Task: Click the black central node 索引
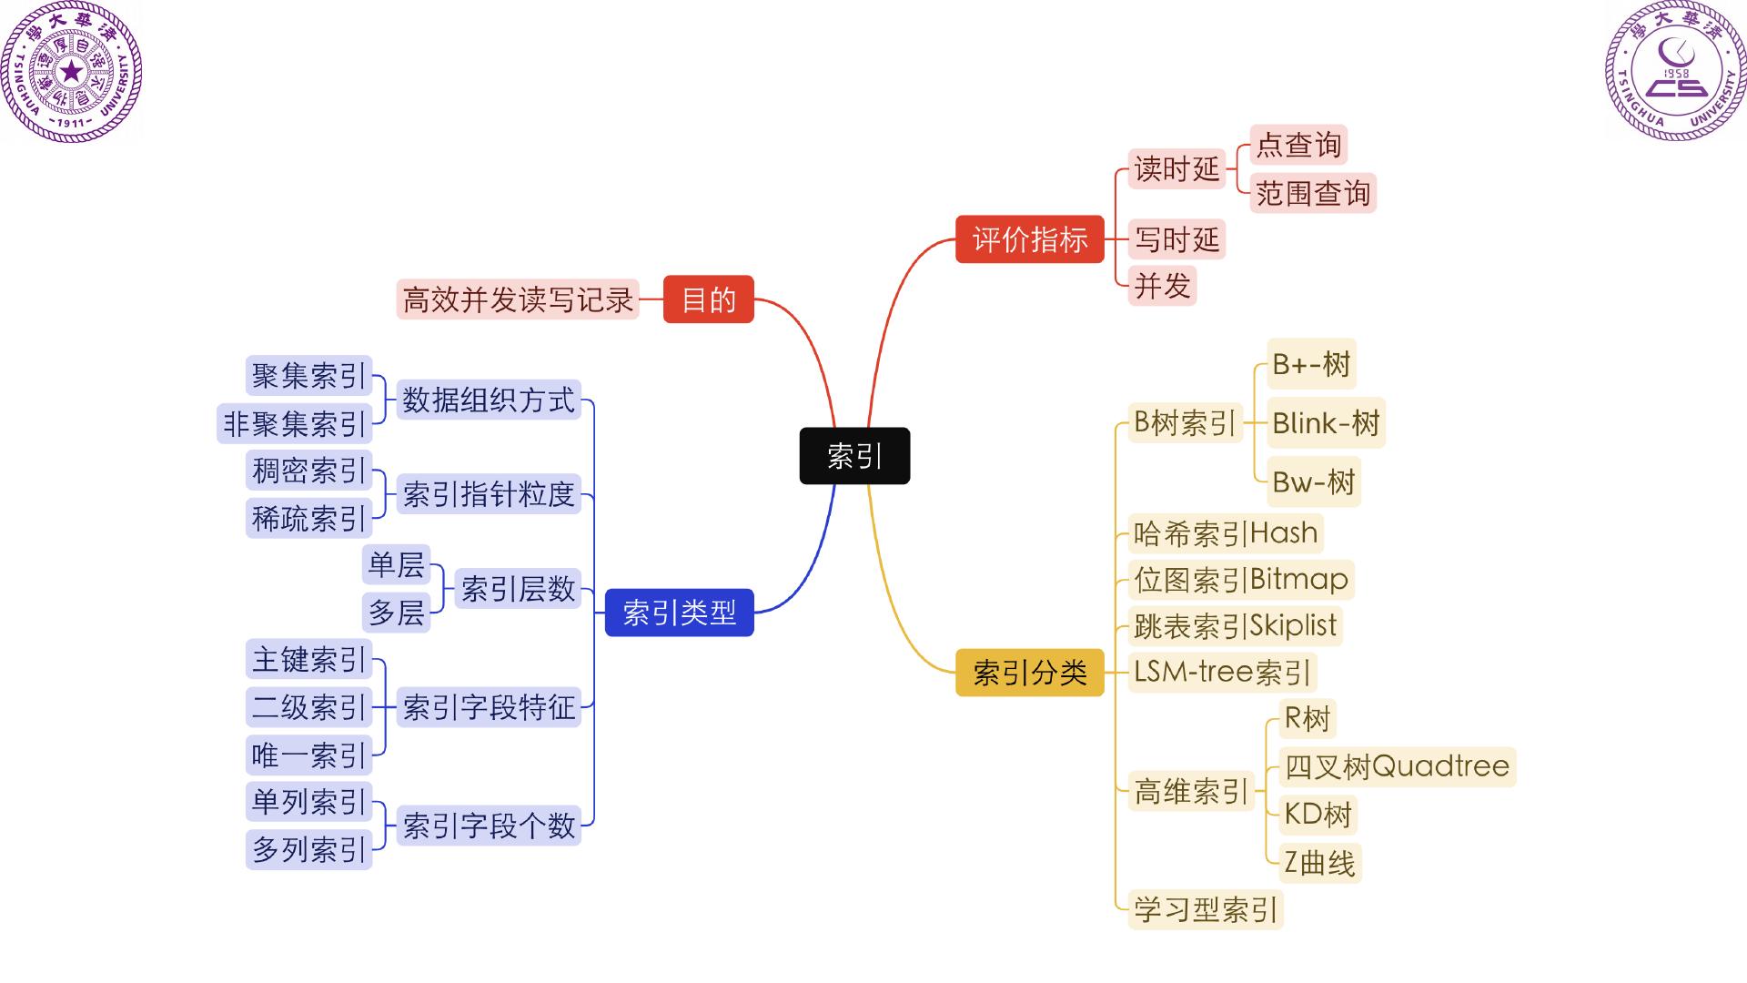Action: click(x=854, y=455)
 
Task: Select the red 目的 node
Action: click(x=708, y=299)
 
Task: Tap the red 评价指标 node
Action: click(x=1029, y=239)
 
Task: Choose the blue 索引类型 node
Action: click(x=679, y=613)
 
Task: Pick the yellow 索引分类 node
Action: click(x=1029, y=673)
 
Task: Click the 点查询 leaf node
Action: click(x=1298, y=145)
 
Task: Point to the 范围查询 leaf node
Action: click(x=1312, y=193)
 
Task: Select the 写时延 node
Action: click(x=1176, y=239)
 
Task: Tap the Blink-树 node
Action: click(x=1326, y=422)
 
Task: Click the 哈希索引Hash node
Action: click(x=1225, y=533)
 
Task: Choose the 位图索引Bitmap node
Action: click(x=1240, y=580)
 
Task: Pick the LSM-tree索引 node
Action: click(x=1221, y=673)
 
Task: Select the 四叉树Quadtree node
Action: click(x=1397, y=766)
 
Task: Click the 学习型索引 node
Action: click(x=1205, y=909)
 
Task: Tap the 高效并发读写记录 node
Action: click(x=517, y=299)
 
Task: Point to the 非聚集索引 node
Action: click(x=294, y=423)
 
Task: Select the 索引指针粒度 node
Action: click(x=489, y=494)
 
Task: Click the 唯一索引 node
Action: click(x=308, y=755)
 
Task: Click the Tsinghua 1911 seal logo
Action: click(x=71, y=71)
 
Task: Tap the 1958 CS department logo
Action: click(x=1675, y=71)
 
